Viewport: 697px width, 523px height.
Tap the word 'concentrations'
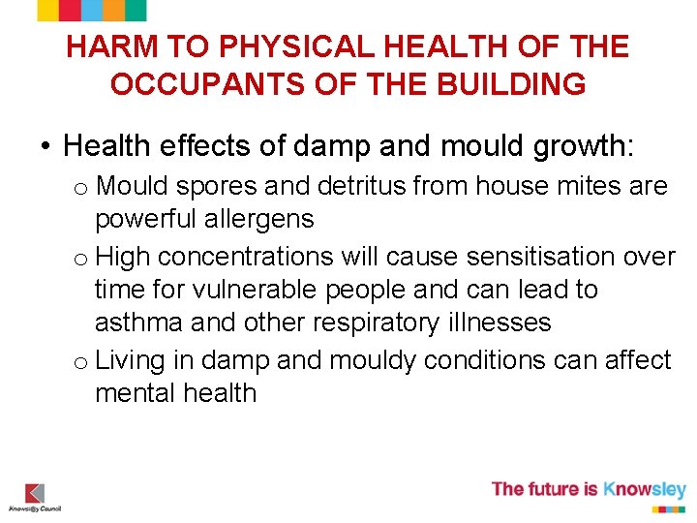(x=270, y=257)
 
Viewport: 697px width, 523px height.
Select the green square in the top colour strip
(x=136, y=11)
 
